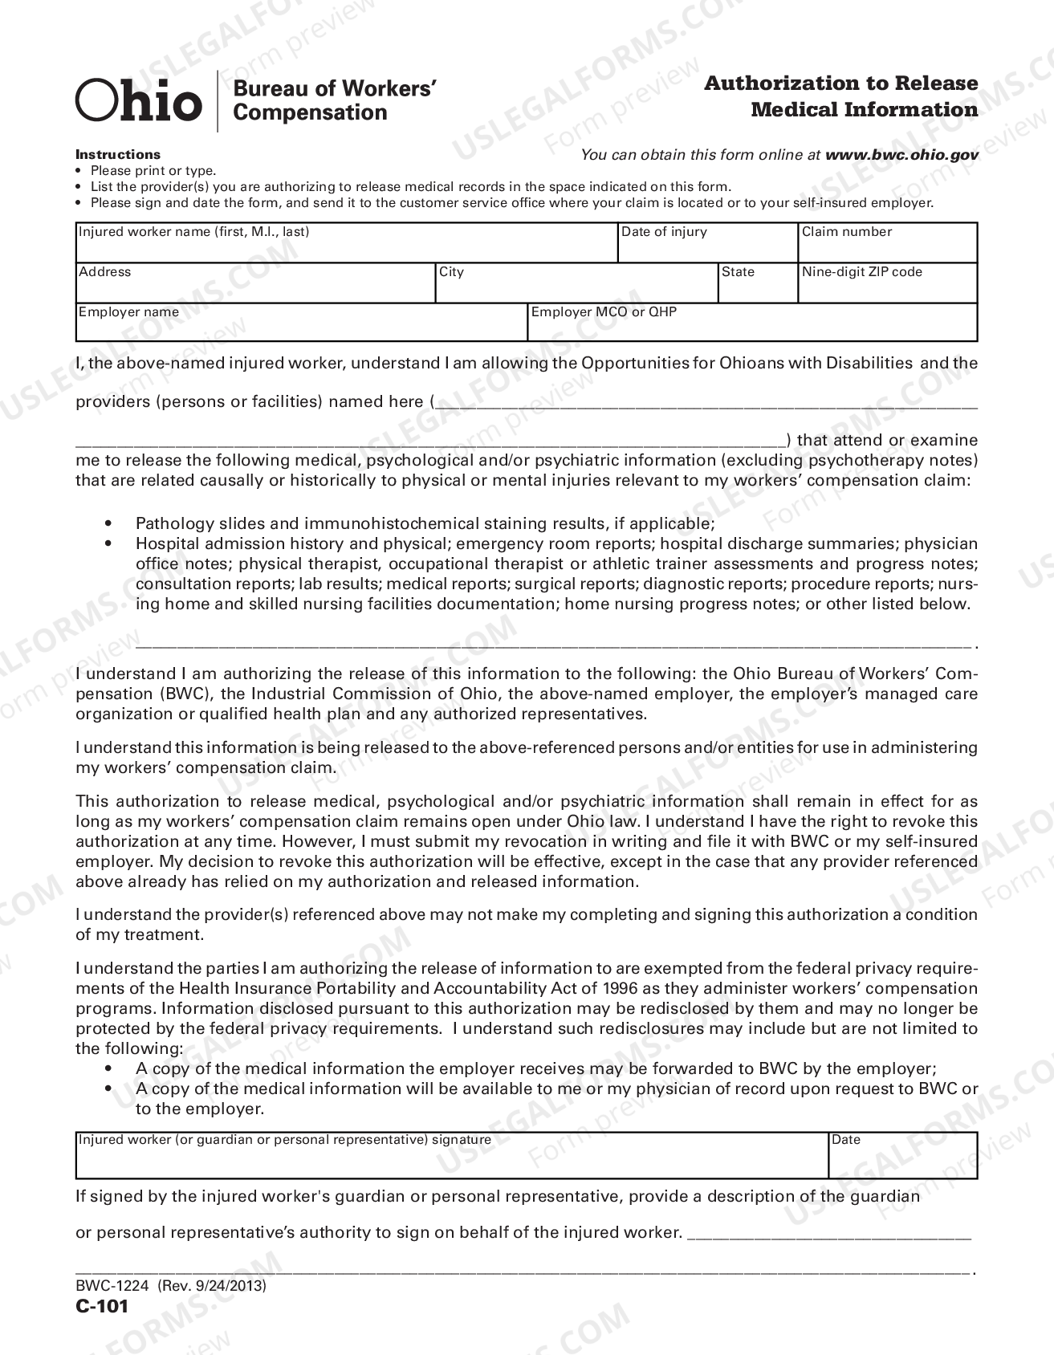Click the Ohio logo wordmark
138,101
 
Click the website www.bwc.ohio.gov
901,155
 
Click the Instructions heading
118,154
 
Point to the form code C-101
102,1306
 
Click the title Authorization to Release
840,83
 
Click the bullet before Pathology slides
109,523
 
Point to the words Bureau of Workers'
334,88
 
